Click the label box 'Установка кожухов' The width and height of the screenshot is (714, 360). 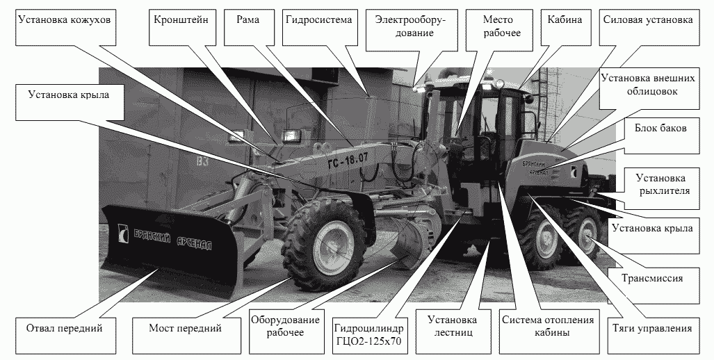pos(64,28)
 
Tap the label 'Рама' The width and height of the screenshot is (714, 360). pos(248,28)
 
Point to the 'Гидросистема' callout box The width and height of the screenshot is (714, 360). pos(318,28)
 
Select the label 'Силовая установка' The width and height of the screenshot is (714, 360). pos(648,28)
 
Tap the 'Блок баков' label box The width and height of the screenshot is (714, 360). pos(660,136)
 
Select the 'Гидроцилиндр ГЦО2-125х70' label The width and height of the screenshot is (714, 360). pos(369,334)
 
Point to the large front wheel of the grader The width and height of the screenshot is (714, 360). pos(324,246)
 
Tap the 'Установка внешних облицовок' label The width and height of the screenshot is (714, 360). pos(648,85)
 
